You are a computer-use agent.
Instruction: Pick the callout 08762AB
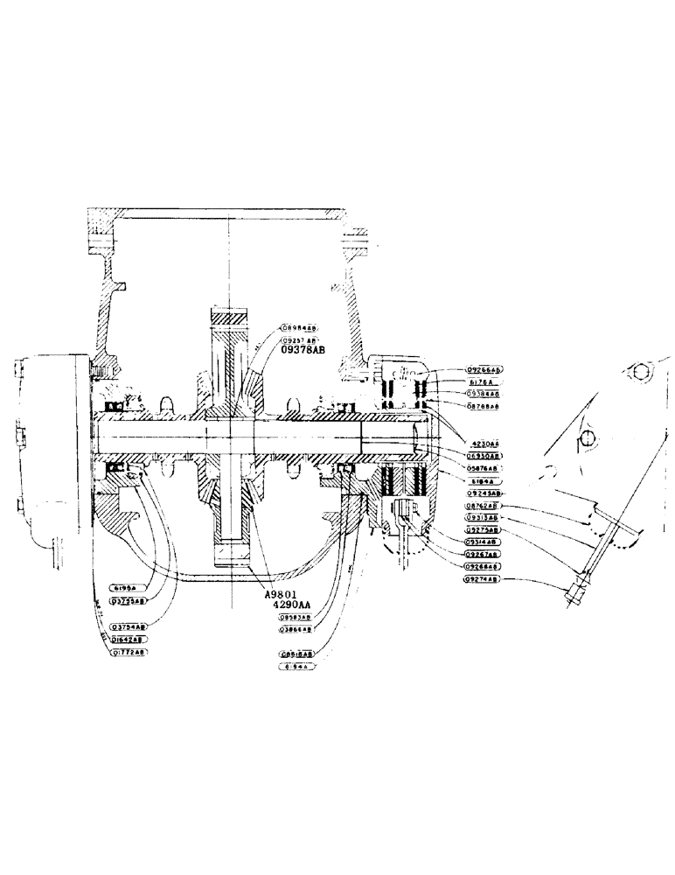[481, 506]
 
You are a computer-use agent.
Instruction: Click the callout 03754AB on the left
[130, 626]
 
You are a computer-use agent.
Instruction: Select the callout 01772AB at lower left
[129, 652]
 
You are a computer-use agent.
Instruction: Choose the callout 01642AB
[129, 640]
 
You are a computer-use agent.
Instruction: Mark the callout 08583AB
[296, 617]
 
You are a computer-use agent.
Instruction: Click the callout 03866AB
[296, 629]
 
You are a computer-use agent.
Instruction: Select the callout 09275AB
[481, 529]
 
